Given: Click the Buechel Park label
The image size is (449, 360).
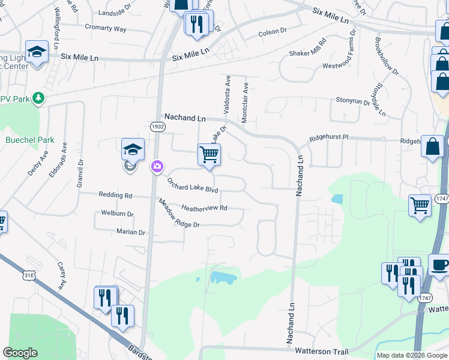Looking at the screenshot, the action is (x=29, y=140).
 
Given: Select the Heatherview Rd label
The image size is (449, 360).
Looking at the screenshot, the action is (x=204, y=208).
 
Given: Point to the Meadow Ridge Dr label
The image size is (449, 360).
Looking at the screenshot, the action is (x=178, y=214).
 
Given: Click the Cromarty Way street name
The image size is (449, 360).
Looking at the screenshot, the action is (x=106, y=28).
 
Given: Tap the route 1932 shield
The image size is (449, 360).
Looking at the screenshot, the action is (x=157, y=127).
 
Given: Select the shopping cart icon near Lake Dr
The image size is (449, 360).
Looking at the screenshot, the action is (x=209, y=154).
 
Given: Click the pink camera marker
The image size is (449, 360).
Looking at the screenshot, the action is (x=157, y=166).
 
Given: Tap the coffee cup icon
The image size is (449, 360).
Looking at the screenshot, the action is (x=439, y=265).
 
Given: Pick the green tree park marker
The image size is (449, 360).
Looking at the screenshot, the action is (x=38, y=97).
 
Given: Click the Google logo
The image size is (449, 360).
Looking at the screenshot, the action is (x=20, y=353).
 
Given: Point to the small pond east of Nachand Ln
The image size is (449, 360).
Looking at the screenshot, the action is (x=337, y=199).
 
